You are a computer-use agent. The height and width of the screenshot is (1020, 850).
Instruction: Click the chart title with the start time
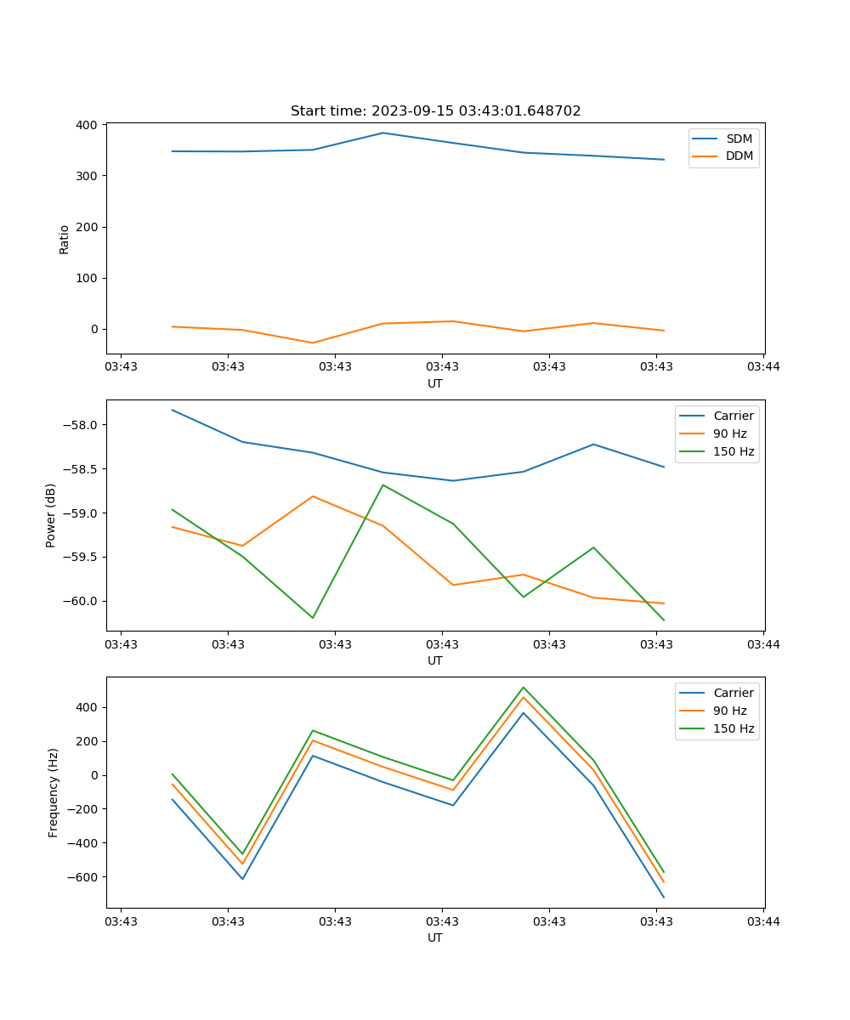[x=435, y=111]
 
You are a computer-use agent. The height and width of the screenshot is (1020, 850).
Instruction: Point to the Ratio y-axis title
[x=65, y=239]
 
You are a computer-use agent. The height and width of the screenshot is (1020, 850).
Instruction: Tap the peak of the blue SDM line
[x=382, y=133]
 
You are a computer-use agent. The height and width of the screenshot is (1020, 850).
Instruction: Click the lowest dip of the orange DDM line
[x=313, y=343]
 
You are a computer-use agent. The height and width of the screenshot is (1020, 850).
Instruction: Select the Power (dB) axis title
[x=51, y=515]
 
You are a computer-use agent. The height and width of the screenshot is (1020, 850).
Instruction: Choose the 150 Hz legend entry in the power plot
[x=734, y=451]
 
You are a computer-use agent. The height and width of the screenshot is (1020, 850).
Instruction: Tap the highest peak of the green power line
[x=383, y=484]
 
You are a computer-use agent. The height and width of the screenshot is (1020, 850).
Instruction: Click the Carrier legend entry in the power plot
[x=734, y=416]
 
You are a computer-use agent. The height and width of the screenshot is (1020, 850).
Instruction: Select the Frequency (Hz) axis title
[x=54, y=792]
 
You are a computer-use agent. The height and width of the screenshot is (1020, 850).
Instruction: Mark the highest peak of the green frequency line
[x=524, y=687]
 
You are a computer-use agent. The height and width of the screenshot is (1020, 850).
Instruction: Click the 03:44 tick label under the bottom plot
[x=763, y=921]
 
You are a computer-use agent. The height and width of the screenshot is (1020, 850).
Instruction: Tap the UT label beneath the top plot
[x=435, y=383]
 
